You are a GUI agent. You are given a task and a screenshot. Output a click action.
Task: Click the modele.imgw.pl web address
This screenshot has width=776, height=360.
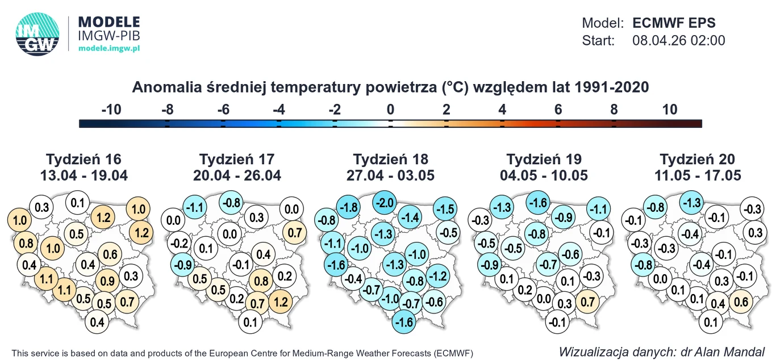109,48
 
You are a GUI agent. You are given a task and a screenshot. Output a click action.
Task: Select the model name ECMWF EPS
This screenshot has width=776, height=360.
674,23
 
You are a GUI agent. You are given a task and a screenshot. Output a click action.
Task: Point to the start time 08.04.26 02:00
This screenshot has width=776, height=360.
678,40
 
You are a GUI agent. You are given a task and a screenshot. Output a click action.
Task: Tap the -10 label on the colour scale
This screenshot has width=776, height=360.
111,110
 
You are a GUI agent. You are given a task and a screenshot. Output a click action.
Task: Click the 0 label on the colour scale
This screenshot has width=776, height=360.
390,110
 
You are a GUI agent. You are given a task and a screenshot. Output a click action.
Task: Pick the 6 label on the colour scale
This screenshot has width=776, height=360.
558,110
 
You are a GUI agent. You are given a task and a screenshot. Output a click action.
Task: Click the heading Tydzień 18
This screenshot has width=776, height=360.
391,159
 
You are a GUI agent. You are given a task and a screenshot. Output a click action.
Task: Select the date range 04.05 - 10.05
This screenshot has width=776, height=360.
544,175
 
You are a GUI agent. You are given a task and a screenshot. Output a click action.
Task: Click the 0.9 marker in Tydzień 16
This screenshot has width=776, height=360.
107,279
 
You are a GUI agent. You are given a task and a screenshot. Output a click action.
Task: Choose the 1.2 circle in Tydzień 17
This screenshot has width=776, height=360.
279,301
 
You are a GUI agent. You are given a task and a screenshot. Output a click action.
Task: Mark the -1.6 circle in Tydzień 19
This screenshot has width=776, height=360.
540,203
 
